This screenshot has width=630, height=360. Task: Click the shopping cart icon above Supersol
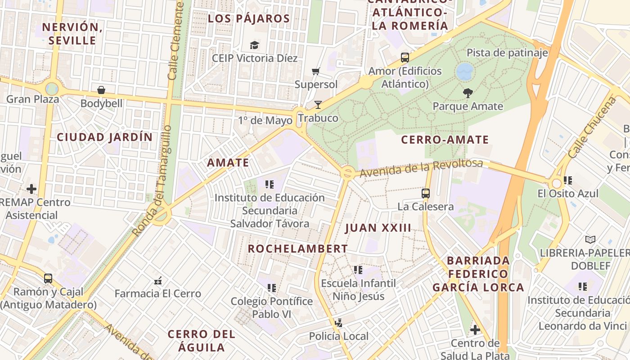(315, 72)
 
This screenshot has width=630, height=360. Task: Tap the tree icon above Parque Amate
(468, 93)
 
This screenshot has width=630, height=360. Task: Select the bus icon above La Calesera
(425, 193)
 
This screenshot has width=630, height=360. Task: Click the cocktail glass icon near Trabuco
(318, 105)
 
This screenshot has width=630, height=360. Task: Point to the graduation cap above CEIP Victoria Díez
(254, 45)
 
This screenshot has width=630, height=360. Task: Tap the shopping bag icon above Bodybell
(101, 90)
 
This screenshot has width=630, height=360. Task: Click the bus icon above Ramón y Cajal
(48, 279)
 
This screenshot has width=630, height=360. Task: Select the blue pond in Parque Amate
(465, 72)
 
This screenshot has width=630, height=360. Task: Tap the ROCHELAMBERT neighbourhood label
(297, 249)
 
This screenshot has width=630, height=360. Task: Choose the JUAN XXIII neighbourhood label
(378, 228)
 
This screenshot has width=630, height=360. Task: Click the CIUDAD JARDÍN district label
(104, 137)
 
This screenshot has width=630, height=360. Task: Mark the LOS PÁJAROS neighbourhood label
(249, 19)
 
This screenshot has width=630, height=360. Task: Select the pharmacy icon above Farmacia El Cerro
(158, 281)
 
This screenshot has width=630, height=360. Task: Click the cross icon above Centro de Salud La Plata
(475, 330)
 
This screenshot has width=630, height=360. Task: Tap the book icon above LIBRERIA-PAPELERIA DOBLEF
(590, 239)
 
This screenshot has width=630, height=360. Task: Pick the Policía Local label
(338, 336)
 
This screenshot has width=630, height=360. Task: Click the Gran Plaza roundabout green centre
(52, 89)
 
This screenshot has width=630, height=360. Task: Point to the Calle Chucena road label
(592, 127)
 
